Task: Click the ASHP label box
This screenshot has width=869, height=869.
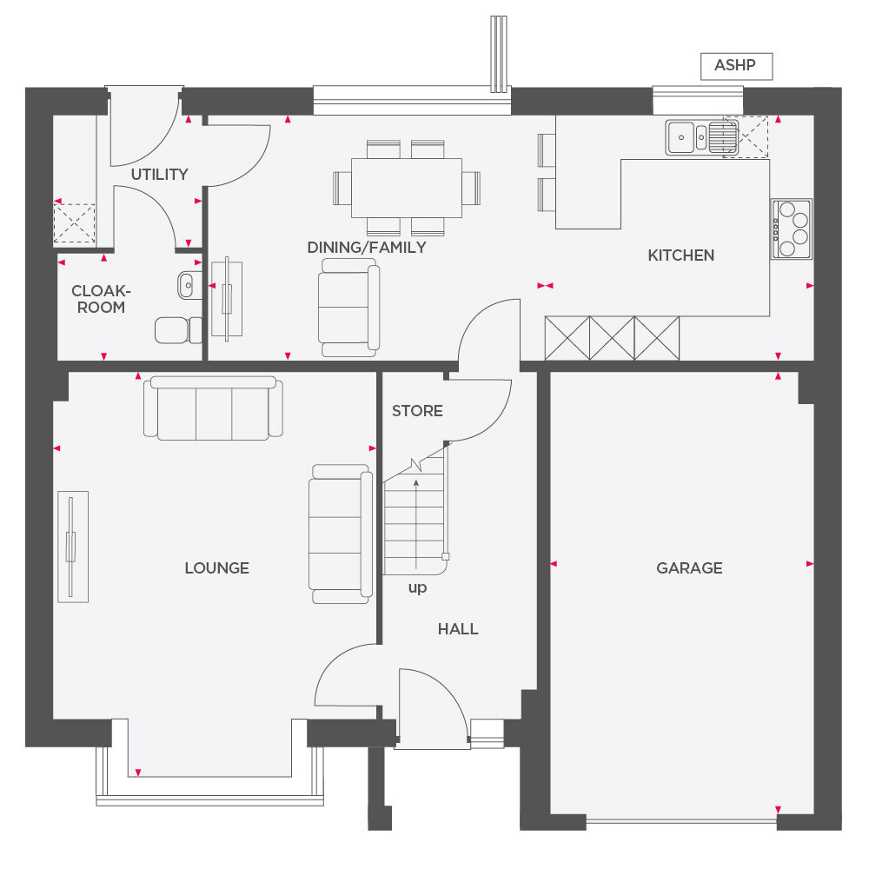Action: pos(736,66)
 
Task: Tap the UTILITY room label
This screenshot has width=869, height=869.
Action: pos(159,175)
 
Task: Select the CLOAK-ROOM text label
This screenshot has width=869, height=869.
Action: pos(99,299)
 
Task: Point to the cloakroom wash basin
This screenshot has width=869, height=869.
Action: pos(188,282)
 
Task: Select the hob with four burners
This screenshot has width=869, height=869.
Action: pos(791,229)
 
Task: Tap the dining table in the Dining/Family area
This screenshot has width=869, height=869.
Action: pos(406,188)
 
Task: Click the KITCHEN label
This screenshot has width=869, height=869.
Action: pos(681,255)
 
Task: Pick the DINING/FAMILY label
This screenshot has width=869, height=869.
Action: pos(367,248)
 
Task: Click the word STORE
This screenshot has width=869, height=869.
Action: pos(417,411)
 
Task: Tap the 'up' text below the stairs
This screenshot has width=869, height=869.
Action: pos(418,588)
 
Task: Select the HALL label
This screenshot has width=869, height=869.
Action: pos(458,629)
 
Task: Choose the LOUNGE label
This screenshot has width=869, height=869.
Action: pos(216,568)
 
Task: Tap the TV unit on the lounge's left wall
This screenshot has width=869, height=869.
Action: pos(73,546)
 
